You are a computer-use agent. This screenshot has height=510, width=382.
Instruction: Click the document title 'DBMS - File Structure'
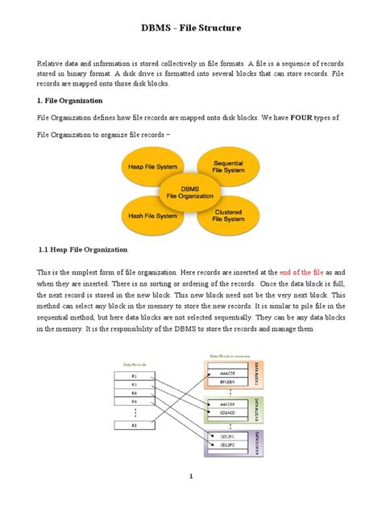click(191, 29)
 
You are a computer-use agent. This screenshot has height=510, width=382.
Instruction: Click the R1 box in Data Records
click(135, 377)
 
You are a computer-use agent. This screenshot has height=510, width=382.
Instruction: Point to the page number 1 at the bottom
click(191, 476)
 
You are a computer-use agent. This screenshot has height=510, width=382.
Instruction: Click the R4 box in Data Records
click(135, 401)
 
